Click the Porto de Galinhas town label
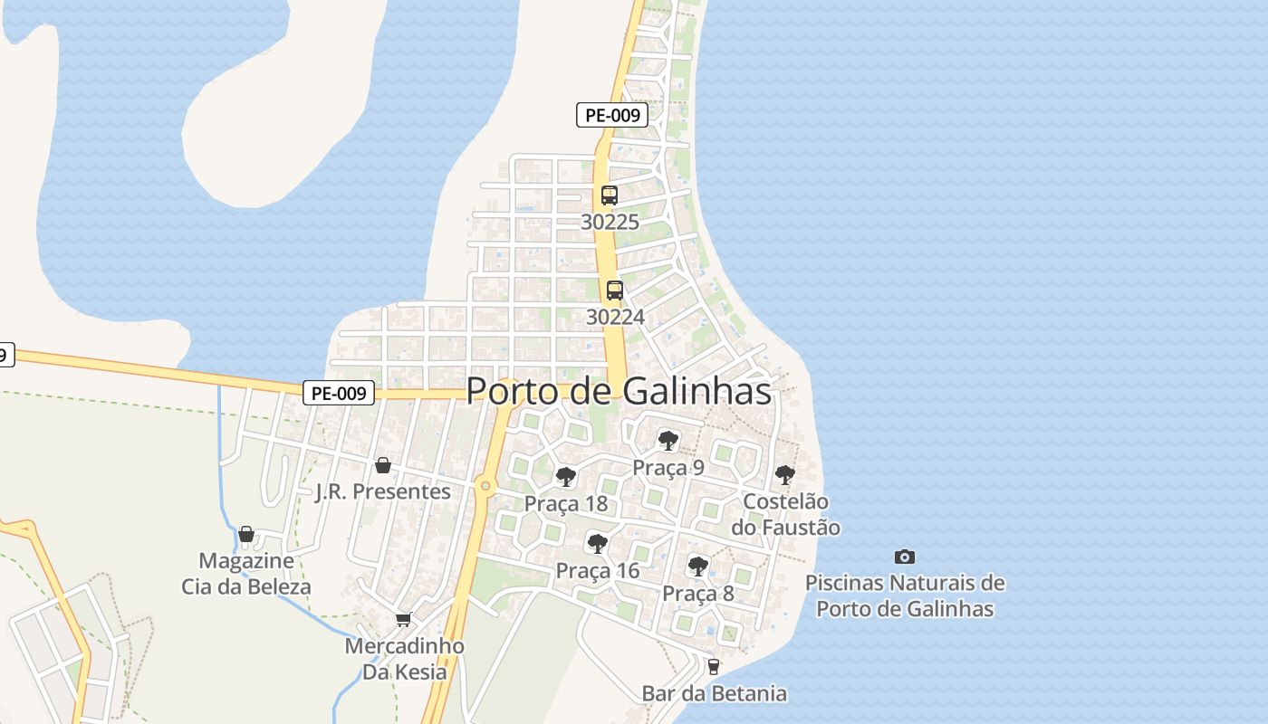pos(619,391)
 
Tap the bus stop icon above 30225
pos(610,195)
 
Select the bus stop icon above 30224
pos(615,291)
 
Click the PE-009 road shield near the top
pos(612,115)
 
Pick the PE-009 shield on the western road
pos(339,393)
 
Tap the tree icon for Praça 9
pos(668,441)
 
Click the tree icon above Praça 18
pos(566,477)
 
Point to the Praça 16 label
pos(597,571)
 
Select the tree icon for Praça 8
pos(697,567)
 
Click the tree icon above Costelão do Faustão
pos(785,474)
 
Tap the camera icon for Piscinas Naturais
pos(904,557)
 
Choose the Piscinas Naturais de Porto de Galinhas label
pos(905,595)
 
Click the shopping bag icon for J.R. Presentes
pos(383,465)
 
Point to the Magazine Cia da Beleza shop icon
pos(246,534)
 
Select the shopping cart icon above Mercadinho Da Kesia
pos(403,619)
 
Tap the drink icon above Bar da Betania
pos(714,667)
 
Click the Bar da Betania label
pos(714,694)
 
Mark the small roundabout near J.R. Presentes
pos(486,486)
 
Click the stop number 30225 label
pos(610,222)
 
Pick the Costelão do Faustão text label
pos(785,514)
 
